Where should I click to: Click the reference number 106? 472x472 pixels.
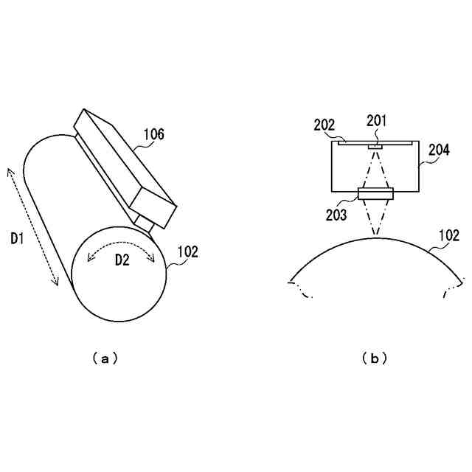coord(153,134)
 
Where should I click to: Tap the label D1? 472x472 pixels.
coord(18,237)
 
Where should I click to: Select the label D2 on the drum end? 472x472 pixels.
coord(122,260)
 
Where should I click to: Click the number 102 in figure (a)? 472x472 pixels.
coord(188,251)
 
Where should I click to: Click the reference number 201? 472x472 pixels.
coord(375,120)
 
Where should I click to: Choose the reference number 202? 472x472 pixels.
coord(324,125)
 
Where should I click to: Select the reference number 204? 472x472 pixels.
coord(440,150)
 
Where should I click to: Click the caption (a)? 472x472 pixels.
coord(105,358)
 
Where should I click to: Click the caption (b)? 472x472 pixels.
coord(375,358)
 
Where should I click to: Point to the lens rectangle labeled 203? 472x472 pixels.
coord(375,194)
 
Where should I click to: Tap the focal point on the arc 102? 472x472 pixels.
coord(375,237)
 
